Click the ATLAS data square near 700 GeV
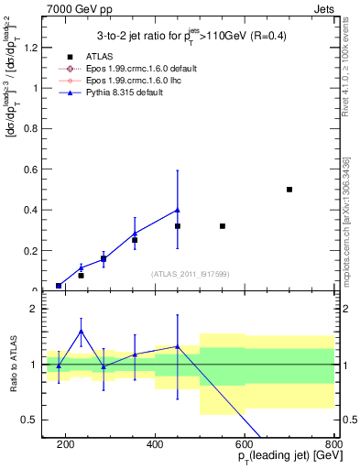tap(289, 190)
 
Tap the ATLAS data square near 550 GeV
tap(223, 226)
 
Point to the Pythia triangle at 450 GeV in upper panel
tap(178, 210)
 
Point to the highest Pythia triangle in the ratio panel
tap(82, 331)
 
